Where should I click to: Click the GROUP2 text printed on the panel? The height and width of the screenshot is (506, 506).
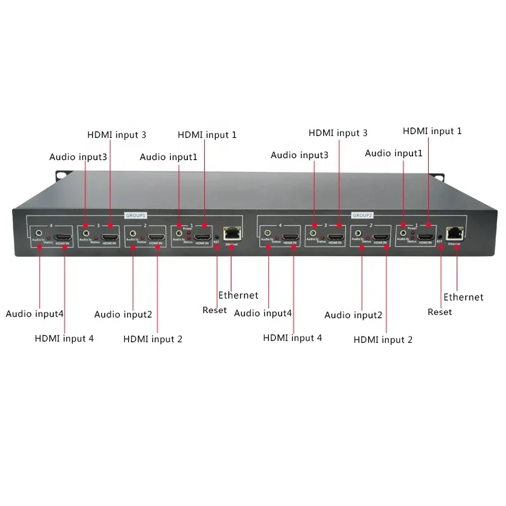click(x=362, y=215)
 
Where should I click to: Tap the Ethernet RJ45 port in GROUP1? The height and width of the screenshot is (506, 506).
click(x=233, y=231)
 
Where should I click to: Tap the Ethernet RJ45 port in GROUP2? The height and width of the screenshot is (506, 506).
click(x=455, y=232)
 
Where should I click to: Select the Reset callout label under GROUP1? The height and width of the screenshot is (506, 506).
click(x=214, y=310)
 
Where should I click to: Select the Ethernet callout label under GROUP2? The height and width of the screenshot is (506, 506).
click(x=463, y=297)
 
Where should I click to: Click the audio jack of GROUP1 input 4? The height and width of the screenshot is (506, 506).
click(x=40, y=233)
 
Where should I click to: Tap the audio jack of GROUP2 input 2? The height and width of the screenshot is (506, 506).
click(x=360, y=234)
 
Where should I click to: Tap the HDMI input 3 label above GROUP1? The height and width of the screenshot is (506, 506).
click(x=116, y=134)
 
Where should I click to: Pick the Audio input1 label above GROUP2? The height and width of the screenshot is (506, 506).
click(x=393, y=153)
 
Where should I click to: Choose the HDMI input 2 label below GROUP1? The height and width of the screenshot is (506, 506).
click(x=152, y=339)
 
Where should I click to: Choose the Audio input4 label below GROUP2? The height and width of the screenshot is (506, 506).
click(x=263, y=312)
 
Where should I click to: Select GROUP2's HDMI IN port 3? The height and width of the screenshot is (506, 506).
click(x=336, y=236)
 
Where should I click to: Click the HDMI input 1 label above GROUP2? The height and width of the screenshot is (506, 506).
click(x=432, y=131)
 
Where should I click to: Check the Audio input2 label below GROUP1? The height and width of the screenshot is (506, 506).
click(x=123, y=314)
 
